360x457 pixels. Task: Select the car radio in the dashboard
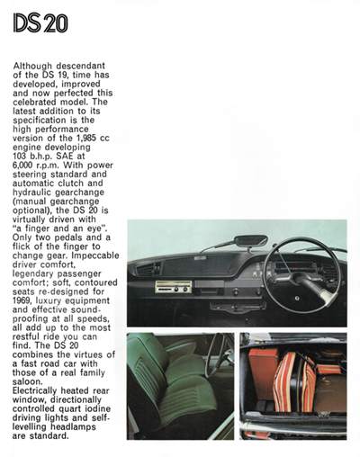pos(174,287)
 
